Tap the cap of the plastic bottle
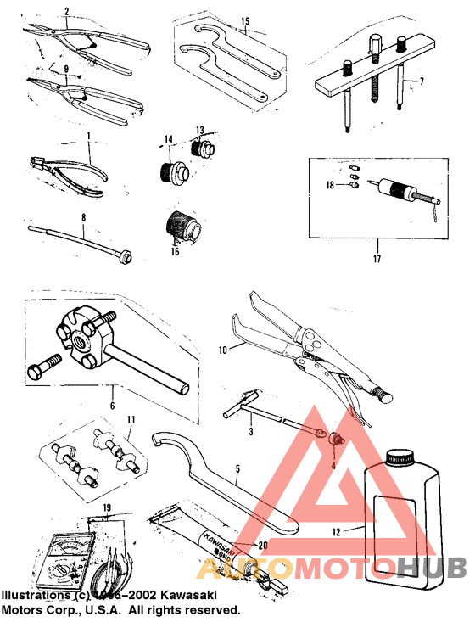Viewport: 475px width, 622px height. pos(400,457)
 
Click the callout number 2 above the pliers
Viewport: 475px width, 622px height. pos(67,11)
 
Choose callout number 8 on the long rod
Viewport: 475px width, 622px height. pos(83,218)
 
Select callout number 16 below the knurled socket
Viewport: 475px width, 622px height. pos(174,251)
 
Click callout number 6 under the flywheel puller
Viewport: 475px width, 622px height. pos(112,406)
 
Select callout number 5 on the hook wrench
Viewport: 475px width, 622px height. pos(237,468)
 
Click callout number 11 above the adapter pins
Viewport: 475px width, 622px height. pos(131,420)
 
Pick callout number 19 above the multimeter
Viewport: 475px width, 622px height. pos(106,510)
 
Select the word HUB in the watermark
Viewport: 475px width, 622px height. pos(432,567)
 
